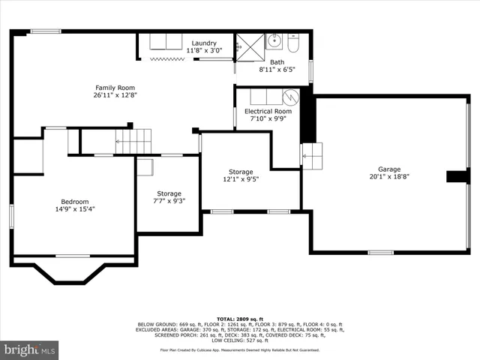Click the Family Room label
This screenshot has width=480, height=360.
pyautogui.click(x=115, y=88)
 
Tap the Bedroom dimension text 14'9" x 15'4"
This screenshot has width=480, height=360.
pyautogui.click(x=75, y=209)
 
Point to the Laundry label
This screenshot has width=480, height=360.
pyautogui.click(x=203, y=43)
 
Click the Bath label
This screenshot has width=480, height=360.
pyautogui.click(x=277, y=62)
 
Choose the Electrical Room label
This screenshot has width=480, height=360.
pyautogui.click(x=268, y=111)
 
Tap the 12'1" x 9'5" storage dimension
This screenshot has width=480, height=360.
pyautogui.click(x=241, y=179)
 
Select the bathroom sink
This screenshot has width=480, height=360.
pyautogui.click(x=274, y=39)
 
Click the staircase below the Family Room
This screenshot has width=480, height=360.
pyautogui.click(x=132, y=140)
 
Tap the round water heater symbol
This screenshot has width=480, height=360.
pyautogui.click(x=290, y=97)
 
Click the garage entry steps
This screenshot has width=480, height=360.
pyautogui.click(x=311, y=155)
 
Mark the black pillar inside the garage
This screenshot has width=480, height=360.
pyautogui.click(x=457, y=177)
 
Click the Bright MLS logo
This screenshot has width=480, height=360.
pyautogui.click(x=30, y=349)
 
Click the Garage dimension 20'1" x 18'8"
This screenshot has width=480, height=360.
pyautogui.click(x=388, y=177)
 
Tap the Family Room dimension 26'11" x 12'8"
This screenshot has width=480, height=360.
pyautogui.click(x=115, y=96)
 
